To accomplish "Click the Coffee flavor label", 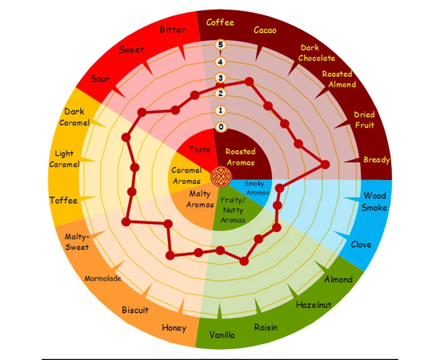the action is (220, 22).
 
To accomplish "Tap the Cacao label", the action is (265, 30).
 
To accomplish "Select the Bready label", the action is (377, 160).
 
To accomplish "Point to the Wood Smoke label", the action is (374, 202).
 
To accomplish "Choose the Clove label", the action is (361, 244).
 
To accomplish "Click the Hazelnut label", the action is (314, 305).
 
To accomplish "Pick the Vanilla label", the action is (222, 334).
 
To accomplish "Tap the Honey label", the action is (174, 328).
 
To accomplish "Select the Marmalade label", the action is (102, 278).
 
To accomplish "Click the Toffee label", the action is (63, 200).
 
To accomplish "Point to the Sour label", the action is (100, 79).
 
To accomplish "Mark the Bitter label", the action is (173, 30).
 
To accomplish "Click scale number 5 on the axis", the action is (220, 45).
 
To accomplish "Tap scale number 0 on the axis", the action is (221, 127).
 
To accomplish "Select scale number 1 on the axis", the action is (221, 110).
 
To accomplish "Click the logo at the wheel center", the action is (221, 177).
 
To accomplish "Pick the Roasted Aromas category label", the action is (241, 157).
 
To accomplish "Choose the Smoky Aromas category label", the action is (256, 188).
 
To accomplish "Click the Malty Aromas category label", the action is (200, 199).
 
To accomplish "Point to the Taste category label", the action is (199, 150).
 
